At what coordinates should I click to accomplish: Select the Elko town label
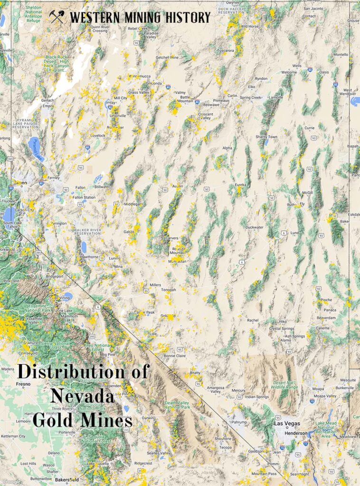[251, 87]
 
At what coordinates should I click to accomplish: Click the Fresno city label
[23, 384]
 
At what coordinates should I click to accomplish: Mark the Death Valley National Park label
[177, 405]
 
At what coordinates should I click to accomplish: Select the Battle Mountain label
[185, 99]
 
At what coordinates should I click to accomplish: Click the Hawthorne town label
[89, 257]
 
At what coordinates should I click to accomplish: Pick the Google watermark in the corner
[11, 481]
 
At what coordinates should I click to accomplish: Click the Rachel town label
[253, 320]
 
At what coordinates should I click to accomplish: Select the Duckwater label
[255, 227]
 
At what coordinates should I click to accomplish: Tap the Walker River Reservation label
[87, 231]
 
